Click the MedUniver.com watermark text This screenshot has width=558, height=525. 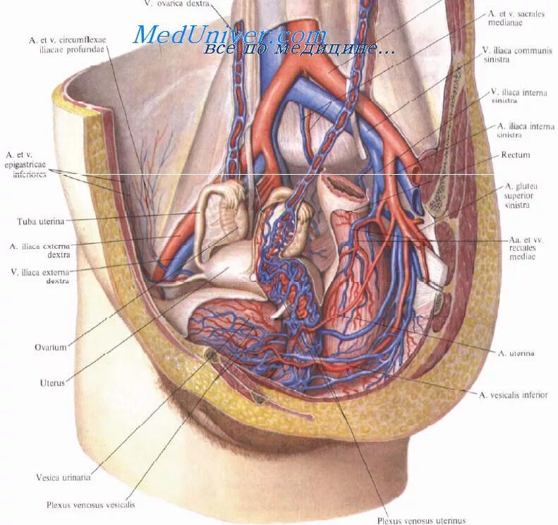tap(229, 35)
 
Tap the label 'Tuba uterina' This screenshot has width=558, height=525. tap(40, 221)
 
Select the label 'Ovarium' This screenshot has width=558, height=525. tap(50, 347)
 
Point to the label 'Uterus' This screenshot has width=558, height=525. tap(52, 383)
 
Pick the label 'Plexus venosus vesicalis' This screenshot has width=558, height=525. tap(90, 505)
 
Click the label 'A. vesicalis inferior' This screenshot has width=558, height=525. tap(514, 395)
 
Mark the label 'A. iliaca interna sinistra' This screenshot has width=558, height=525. tap(521, 130)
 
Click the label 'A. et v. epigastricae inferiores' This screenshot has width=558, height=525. tap(26, 164)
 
